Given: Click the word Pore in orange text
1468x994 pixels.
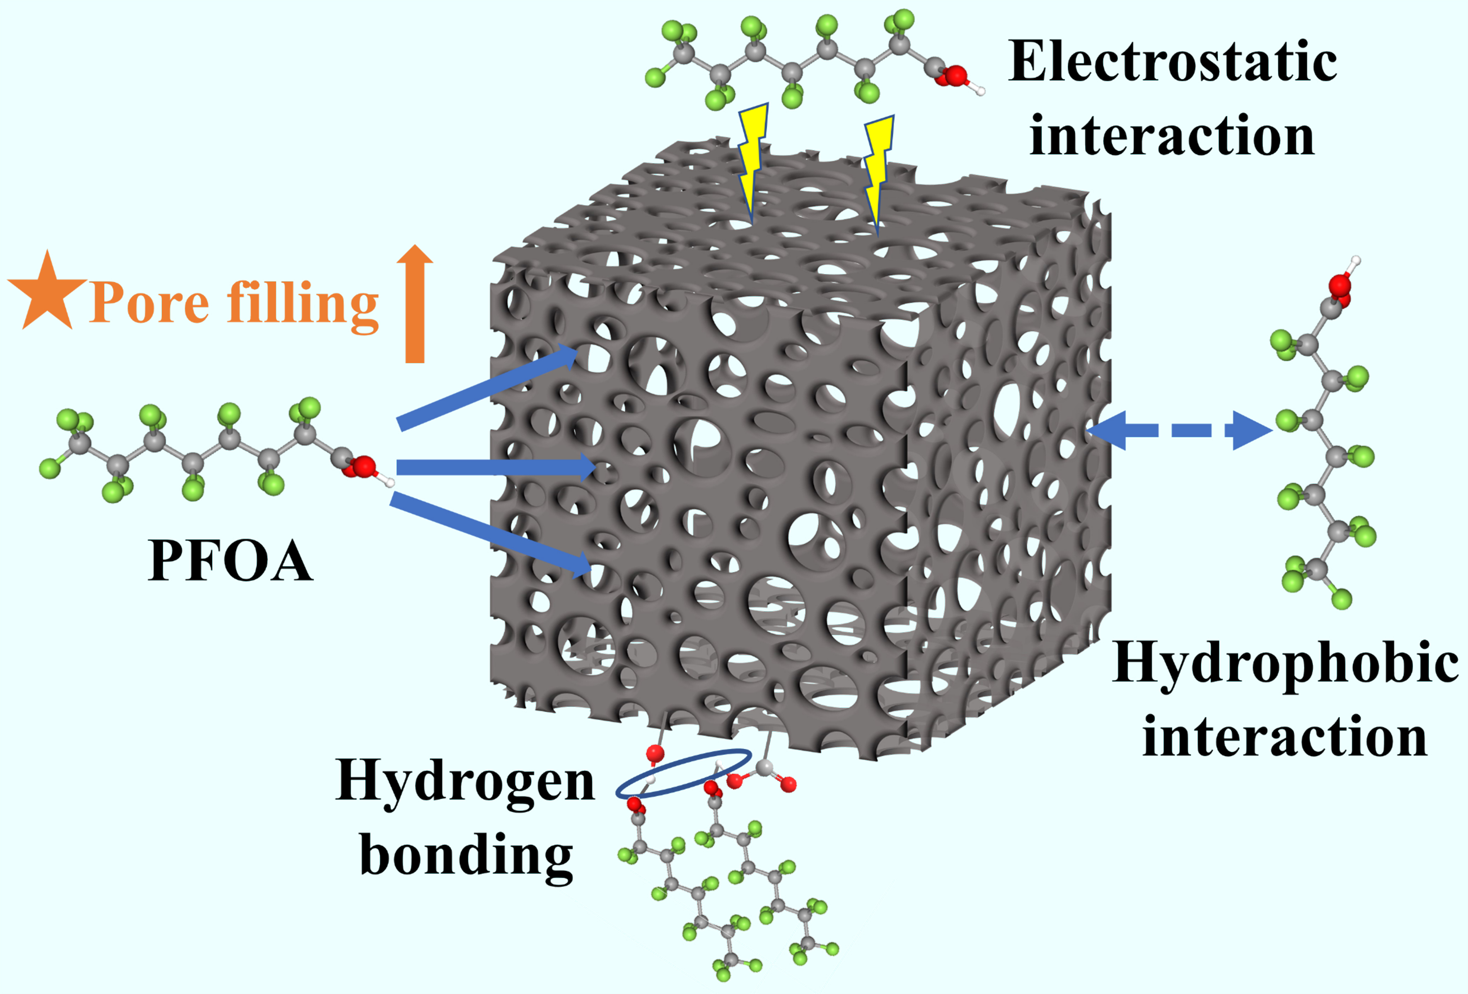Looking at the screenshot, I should click(x=149, y=303).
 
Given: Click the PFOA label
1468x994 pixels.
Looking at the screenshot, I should click(x=230, y=560).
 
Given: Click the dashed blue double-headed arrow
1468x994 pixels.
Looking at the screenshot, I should click(x=1179, y=430).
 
